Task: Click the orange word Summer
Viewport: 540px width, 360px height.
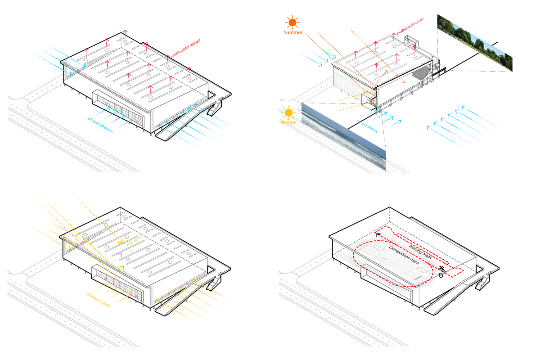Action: click(293, 32)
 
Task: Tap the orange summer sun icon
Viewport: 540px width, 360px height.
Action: click(292, 22)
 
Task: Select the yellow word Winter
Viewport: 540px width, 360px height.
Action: click(288, 122)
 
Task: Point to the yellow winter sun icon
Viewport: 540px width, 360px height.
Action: click(288, 112)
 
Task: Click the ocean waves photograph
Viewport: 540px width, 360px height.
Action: click(344, 135)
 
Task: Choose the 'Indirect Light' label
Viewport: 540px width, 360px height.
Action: click(100, 300)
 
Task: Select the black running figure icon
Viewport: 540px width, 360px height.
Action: click(442, 269)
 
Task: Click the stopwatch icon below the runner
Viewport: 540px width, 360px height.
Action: click(441, 275)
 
